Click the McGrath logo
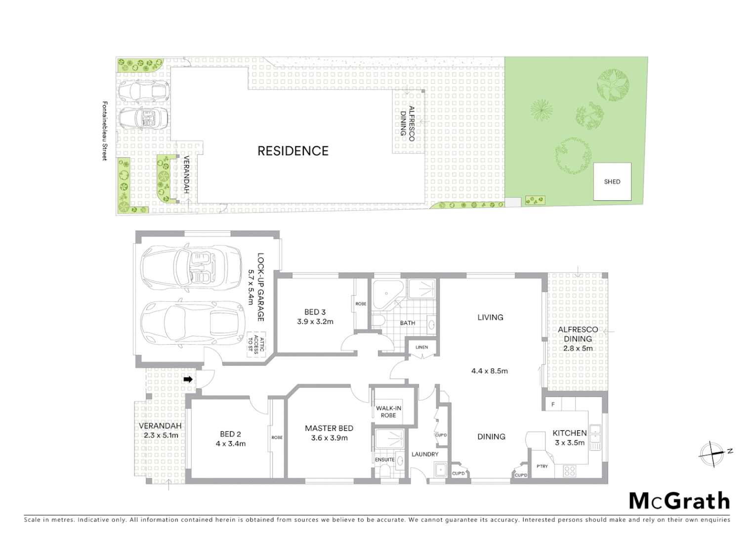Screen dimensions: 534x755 click(x=679, y=501)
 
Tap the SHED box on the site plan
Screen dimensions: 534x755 click(x=612, y=181)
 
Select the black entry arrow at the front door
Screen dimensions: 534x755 click(x=188, y=380)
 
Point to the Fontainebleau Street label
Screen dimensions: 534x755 click(x=105, y=131)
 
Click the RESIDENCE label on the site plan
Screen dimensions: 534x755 click(x=293, y=151)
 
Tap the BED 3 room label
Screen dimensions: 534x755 click(x=315, y=312)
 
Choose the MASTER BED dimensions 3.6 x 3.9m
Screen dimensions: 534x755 click(x=329, y=438)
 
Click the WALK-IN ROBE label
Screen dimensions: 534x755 click(x=388, y=412)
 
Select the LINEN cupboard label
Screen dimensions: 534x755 click(x=421, y=347)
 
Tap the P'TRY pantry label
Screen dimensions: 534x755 click(x=542, y=466)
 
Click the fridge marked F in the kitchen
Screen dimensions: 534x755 click(x=553, y=404)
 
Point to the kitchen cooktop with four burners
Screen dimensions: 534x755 click(x=569, y=471)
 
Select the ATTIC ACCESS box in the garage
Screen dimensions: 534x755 click(x=256, y=343)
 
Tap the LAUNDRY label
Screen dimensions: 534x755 click(x=424, y=454)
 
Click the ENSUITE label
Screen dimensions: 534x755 click(x=384, y=460)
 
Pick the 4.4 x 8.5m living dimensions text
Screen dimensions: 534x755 click(x=489, y=371)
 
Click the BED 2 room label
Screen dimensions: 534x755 click(x=230, y=434)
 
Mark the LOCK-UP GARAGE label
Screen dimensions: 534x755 click(x=260, y=287)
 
